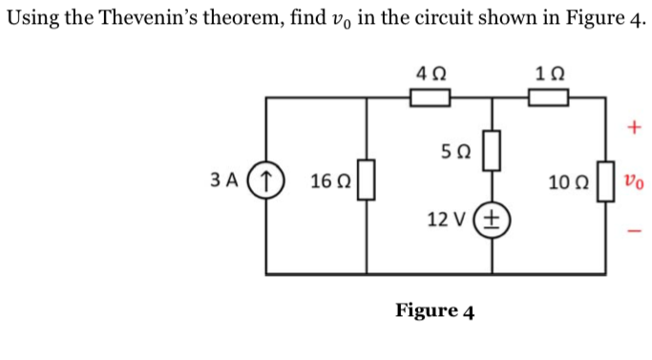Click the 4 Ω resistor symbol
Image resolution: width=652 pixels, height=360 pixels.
click(x=430, y=97)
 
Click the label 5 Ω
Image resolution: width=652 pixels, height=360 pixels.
click(x=455, y=151)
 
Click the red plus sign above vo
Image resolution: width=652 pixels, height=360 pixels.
click(x=634, y=127)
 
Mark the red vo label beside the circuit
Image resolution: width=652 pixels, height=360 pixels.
click(x=633, y=180)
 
